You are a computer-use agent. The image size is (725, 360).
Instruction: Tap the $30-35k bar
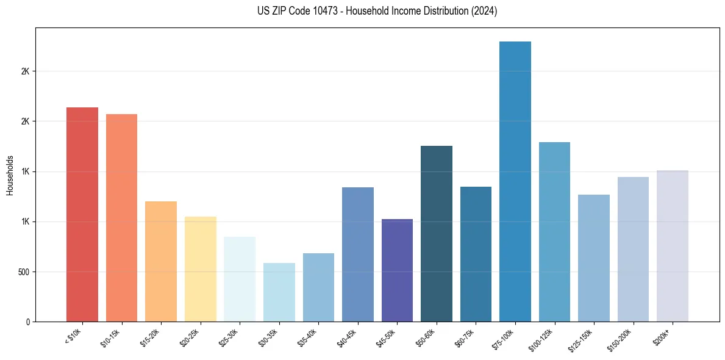(279, 292)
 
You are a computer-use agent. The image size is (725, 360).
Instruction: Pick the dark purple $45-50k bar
(397, 270)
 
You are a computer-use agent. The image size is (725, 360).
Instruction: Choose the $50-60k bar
(437, 234)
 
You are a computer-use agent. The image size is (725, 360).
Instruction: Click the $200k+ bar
(673, 246)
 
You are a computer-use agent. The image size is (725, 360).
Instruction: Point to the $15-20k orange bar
(161, 261)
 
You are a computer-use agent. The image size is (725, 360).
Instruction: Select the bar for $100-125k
(554, 232)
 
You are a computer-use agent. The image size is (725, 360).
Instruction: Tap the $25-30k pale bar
(240, 279)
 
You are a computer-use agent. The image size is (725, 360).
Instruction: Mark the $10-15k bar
(121, 218)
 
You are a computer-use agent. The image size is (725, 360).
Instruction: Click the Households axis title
(10, 175)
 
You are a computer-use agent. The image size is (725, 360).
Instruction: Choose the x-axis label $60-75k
(464, 337)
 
